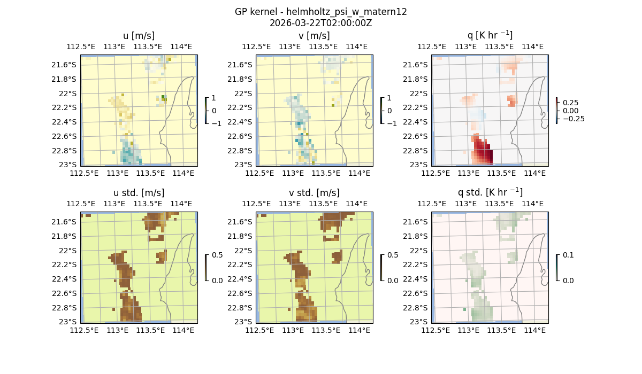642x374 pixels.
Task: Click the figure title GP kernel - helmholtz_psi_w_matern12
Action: [320, 12]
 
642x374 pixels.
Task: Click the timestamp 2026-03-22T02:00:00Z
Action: [320, 23]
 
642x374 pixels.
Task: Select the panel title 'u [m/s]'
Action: [139, 36]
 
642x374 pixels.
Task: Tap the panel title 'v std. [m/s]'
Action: [314, 193]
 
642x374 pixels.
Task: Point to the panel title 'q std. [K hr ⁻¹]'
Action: [490, 192]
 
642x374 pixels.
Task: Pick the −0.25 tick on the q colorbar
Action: [573, 119]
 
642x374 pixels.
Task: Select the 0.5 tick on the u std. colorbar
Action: [217, 255]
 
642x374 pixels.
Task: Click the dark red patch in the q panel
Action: [485, 155]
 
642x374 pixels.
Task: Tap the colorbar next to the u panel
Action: [205, 111]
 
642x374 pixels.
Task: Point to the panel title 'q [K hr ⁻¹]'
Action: [490, 35]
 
